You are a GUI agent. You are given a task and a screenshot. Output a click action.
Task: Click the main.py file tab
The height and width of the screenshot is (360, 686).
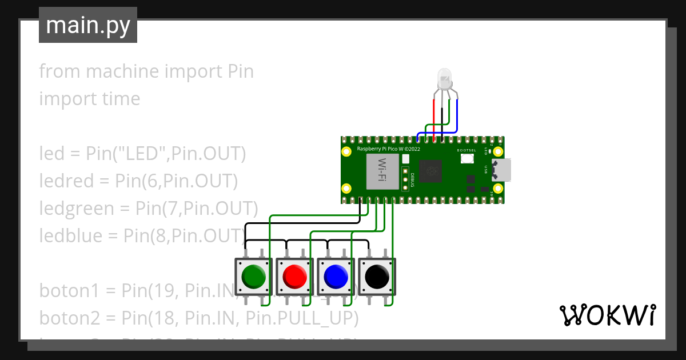87,25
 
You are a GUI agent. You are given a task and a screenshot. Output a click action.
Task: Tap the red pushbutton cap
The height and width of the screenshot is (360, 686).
294,277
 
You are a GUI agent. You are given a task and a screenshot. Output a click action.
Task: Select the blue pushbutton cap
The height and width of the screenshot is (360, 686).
336,277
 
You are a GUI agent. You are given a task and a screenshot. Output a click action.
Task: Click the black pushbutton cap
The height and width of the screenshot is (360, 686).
377,277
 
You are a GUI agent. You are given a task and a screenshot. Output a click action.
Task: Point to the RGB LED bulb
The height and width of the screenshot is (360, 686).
444,78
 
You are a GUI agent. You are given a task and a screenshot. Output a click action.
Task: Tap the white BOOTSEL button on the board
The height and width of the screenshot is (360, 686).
467,158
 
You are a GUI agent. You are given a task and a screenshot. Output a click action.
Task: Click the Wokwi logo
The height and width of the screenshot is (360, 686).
607,315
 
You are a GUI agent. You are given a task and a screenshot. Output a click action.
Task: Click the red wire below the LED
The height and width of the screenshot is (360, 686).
434,120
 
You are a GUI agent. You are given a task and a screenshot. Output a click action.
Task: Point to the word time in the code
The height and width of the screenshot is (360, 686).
121,99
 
